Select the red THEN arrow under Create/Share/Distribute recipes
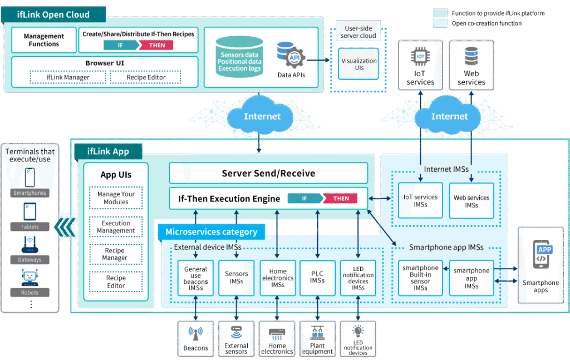(157, 45)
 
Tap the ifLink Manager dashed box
(67, 77)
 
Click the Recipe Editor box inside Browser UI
(145, 77)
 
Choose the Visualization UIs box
(359, 64)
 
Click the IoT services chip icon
(420, 57)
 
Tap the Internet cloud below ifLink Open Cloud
(262, 116)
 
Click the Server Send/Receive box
(268, 173)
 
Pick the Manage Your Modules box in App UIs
(116, 198)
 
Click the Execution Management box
(116, 227)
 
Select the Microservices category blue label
(211, 231)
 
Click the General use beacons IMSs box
(195, 278)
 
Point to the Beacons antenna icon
(195, 334)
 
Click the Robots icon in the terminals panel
(31, 278)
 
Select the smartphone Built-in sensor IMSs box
(420, 278)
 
